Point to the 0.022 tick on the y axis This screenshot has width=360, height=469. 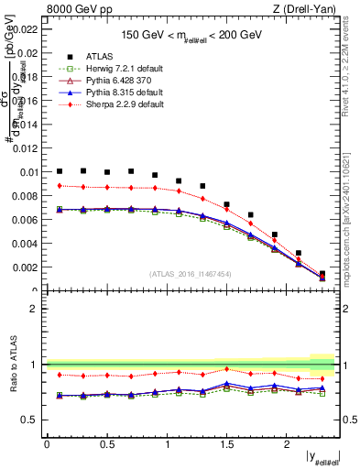pyautogui.click(x=26, y=28)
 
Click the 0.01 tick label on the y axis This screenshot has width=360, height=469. pyautogui.click(x=28, y=172)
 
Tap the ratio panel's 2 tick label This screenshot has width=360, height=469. pyautogui.click(x=33, y=309)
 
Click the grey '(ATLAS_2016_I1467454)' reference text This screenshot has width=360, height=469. pyautogui.click(x=191, y=274)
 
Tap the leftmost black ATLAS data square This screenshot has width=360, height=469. pyautogui.click(x=60, y=170)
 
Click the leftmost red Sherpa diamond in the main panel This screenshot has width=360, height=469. pyautogui.click(x=60, y=185)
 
